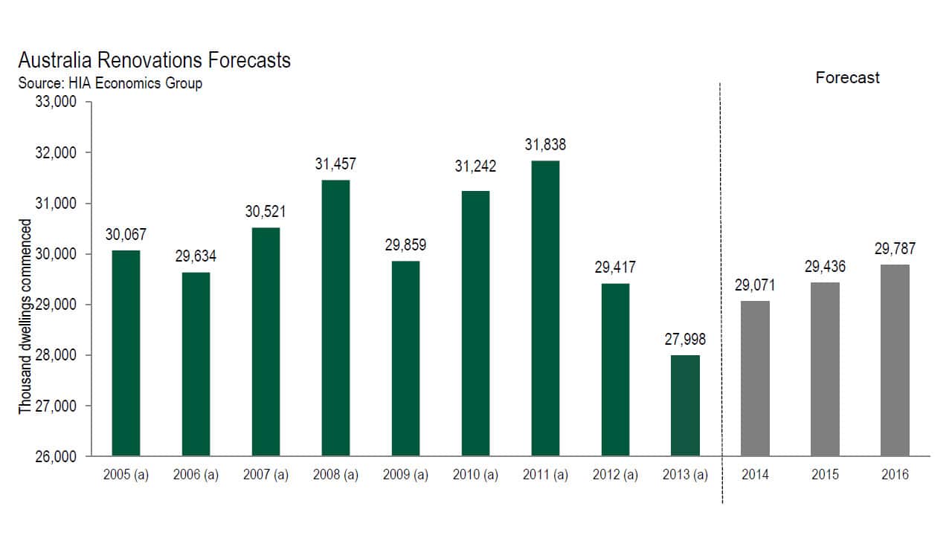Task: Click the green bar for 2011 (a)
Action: [x=545, y=308]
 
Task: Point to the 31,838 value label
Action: [x=545, y=145]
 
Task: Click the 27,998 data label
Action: [x=685, y=340]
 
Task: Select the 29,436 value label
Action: [x=825, y=267]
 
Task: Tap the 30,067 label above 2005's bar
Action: [x=126, y=234]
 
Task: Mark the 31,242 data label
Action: [x=475, y=166]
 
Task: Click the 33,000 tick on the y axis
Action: [x=57, y=102]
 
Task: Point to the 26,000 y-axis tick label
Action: [x=57, y=456]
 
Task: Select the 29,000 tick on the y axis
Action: [x=57, y=305]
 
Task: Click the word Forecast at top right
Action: [x=847, y=78]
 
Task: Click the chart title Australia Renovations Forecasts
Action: [x=154, y=60]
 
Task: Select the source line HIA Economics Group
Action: [x=109, y=83]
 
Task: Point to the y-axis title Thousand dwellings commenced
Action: [x=26, y=317]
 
